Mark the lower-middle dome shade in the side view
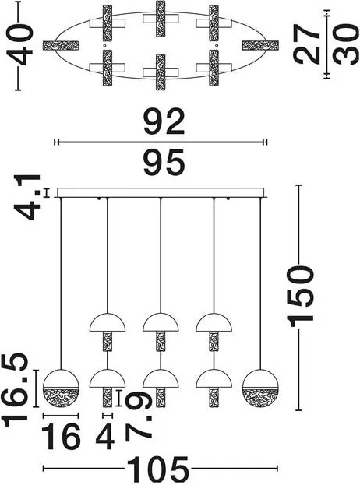(161, 378)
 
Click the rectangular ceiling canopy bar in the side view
(161, 192)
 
